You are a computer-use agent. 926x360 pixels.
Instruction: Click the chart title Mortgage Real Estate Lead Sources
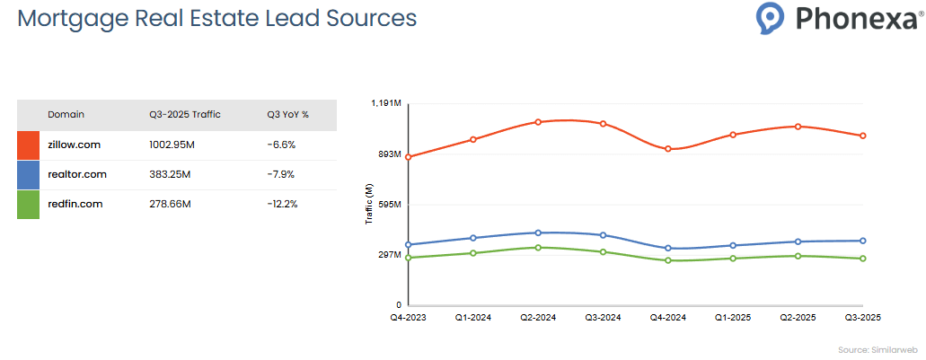click(217, 18)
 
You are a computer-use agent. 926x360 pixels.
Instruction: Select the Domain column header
click(66, 114)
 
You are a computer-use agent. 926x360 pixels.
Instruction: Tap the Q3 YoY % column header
click(287, 114)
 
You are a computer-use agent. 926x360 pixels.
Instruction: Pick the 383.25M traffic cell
click(170, 174)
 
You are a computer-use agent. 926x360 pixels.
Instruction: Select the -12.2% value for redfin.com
click(282, 204)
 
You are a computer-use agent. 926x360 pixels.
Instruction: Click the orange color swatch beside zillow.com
click(28, 145)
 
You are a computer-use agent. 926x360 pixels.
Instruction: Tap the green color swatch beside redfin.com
click(28, 205)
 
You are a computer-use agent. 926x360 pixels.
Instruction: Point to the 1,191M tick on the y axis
click(385, 104)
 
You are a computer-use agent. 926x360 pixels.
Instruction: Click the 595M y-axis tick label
click(389, 205)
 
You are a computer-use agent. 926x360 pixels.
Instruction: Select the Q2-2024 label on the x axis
click(537, 318)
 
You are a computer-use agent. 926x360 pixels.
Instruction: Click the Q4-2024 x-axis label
click(668, 318)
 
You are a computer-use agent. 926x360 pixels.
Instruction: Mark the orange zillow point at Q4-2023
click(409, 157)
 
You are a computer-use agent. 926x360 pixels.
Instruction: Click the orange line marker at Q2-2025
click(798, 127)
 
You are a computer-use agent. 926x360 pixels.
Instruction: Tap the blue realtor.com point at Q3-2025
click(863, 241)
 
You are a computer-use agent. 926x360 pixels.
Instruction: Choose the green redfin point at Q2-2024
click(538, 247)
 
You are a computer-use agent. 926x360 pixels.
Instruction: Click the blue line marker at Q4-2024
click(668, 249)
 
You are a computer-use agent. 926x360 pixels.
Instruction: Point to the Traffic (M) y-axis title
click(369, 204)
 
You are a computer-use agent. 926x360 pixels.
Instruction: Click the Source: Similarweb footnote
click(876, 349)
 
